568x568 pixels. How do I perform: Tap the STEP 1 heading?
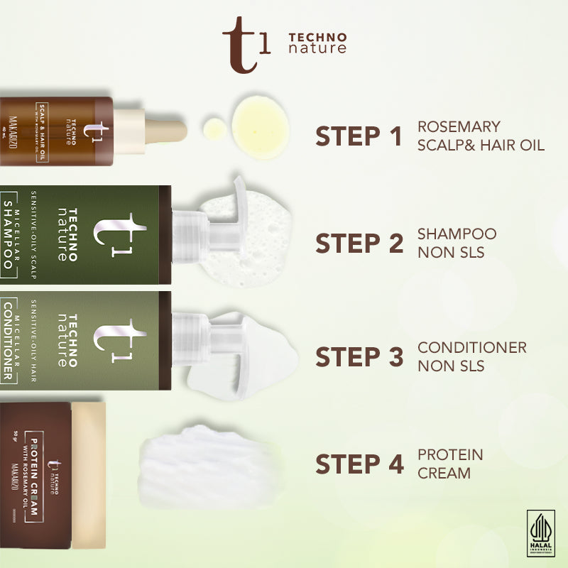359,137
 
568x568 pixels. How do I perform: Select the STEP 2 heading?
359,244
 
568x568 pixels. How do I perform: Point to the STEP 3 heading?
359,357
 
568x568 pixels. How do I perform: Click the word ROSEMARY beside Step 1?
459,127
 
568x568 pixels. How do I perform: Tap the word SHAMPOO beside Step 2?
457,234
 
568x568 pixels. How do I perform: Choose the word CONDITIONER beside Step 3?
472,348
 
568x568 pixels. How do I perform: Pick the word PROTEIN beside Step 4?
450,454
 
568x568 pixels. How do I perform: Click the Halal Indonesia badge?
541,532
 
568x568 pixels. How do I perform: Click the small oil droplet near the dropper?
214,129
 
